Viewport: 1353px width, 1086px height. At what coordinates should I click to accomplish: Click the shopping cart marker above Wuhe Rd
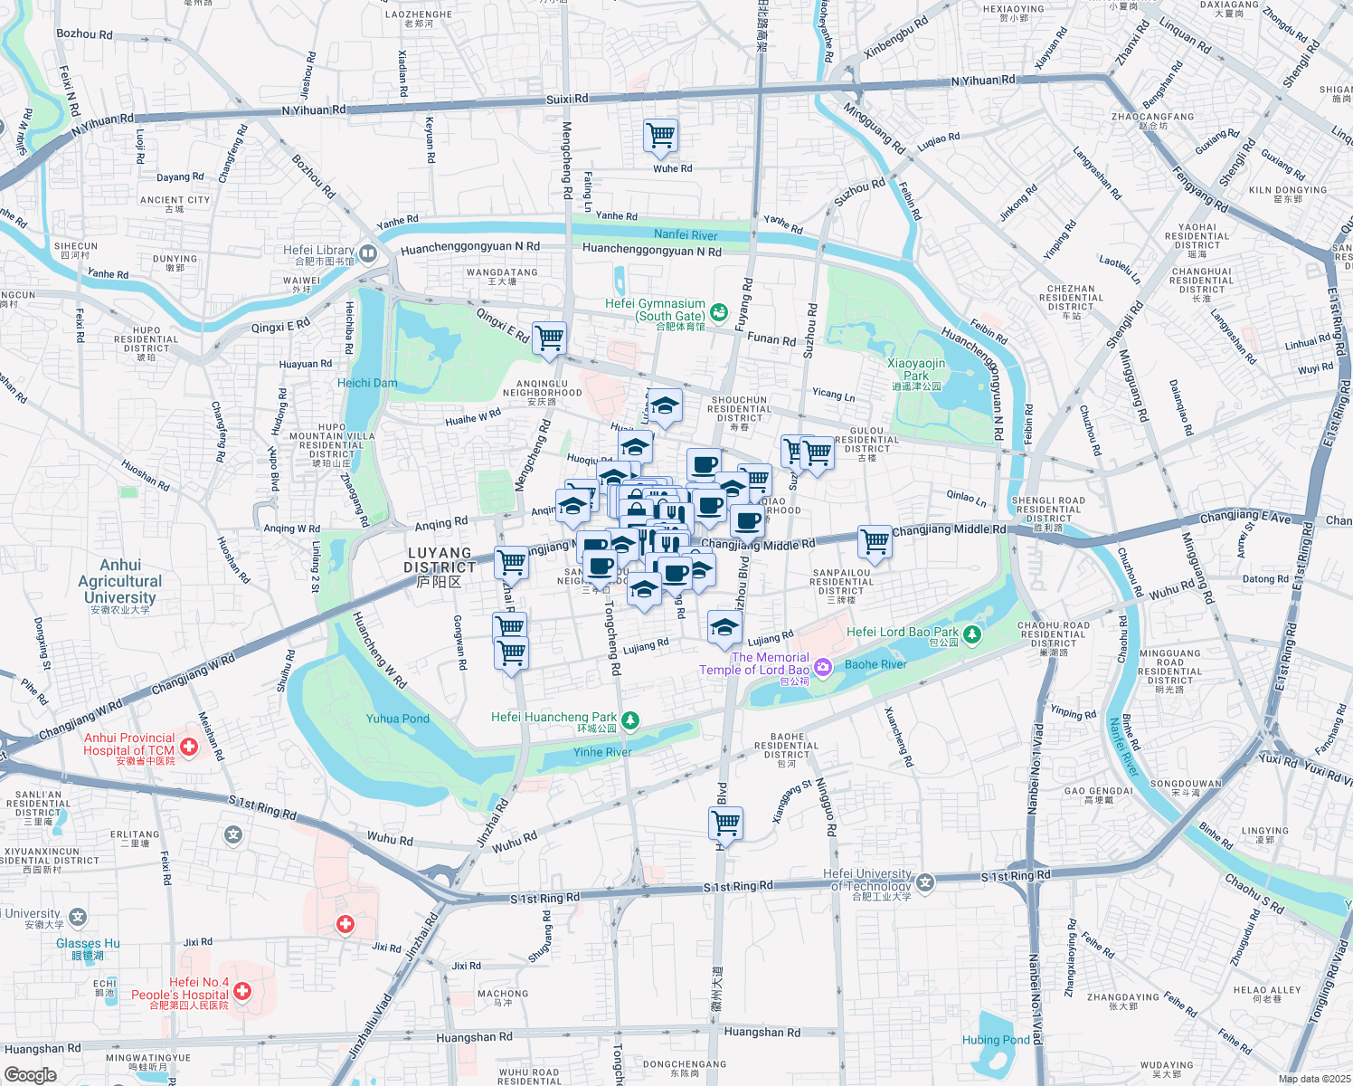pyautogui.click(x=660, y=136)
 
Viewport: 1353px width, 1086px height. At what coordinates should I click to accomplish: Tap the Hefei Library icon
pyautogui.click(x=367, y=253)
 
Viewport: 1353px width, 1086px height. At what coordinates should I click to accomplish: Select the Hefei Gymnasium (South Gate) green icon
pyautogui.click(x=719, y=313)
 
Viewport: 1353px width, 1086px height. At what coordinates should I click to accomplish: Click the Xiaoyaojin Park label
pyautogui.click(x=916, y=369)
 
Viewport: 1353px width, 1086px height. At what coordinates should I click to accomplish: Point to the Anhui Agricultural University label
pyautogui.click(x=120, y=581)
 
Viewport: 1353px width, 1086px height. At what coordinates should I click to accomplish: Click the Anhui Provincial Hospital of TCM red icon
pyautogui.click(x=189, y=747)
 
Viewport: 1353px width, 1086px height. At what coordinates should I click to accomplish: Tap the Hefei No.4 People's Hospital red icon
pyautogui.click(x=242, y=992)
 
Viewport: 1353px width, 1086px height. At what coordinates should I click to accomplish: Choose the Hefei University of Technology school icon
pyautogui.click(x=925, y=881)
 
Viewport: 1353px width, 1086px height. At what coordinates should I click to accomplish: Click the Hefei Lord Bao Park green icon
pyautogui.click(x=972, y=634)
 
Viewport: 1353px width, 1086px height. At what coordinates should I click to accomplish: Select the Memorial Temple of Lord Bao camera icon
pyautogui.click(x=822, y=668)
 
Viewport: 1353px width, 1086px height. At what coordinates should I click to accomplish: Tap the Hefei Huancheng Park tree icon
pyautogui.click(x=630, y=720)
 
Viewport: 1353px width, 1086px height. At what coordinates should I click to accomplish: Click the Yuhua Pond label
pyautogui.click(x=398, y=719)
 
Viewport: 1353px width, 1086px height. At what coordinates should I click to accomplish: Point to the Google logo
pyautogui.click(x=30, y=1074)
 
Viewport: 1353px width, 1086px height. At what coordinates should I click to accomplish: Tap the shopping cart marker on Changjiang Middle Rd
pyautogui.click(x=875, y=542)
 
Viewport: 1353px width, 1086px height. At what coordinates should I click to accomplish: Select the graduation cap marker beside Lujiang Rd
pyautogui.click(x=724, y=626)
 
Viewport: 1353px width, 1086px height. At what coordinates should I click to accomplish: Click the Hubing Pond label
pyautogui.click(x=996, y=1040)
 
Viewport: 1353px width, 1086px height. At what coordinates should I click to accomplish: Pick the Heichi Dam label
pyautogui.click(x=367, y=383)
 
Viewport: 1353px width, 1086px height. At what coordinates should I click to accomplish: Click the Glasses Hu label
pyautogui.click(x=88, y=943)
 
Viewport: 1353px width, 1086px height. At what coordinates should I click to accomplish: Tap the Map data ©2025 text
pyautogui.click(x=1313, y=1079)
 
